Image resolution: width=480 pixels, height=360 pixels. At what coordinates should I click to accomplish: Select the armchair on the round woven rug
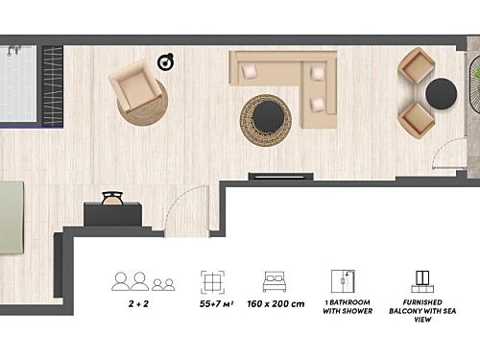(x=134, y=86)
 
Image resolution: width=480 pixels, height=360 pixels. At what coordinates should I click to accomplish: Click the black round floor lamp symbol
(x=166, y=61)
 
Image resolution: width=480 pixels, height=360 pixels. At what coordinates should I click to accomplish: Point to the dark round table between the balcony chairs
(x=442, y=93)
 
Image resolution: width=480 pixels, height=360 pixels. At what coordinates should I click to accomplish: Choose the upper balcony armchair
(x=417, y=65)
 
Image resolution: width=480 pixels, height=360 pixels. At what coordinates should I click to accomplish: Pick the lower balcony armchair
(x=417, y=120)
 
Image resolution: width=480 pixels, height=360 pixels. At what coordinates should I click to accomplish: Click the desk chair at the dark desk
(x=112, y=198)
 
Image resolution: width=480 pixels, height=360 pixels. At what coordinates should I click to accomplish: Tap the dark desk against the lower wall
(x=112, y=214)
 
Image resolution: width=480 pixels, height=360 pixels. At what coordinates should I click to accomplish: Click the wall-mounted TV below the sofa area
(x=281, y=176)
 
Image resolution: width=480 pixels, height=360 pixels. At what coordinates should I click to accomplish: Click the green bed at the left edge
(x=12, y=219)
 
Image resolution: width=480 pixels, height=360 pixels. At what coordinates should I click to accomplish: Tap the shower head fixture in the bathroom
(x=12, y=50)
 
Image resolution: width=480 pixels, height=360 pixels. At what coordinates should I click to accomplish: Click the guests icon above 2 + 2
(x=143, y=281)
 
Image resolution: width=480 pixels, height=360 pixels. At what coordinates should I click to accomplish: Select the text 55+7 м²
(x=216, y=303)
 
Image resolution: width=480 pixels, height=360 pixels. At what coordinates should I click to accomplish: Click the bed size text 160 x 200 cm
(x=276, y=303)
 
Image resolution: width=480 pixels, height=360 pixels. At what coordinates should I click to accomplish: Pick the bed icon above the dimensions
(x=275, y=282)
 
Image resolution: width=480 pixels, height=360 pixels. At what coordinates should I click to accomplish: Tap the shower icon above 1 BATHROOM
(x=343, y=281)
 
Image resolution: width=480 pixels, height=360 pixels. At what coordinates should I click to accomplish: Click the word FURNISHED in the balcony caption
(x=422, y=302)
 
